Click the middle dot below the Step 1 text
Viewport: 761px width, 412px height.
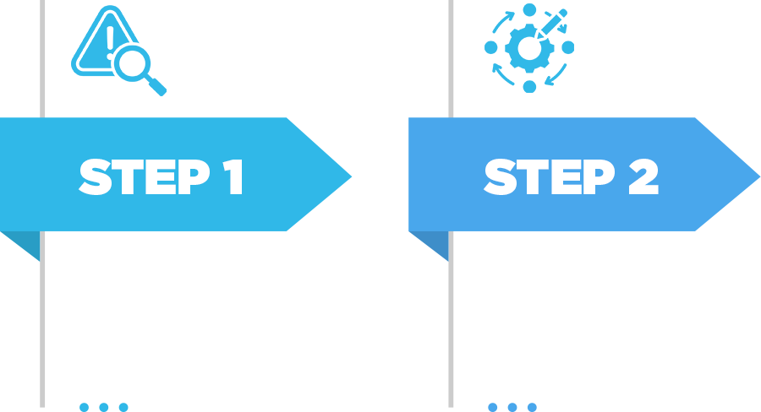(104, 407)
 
